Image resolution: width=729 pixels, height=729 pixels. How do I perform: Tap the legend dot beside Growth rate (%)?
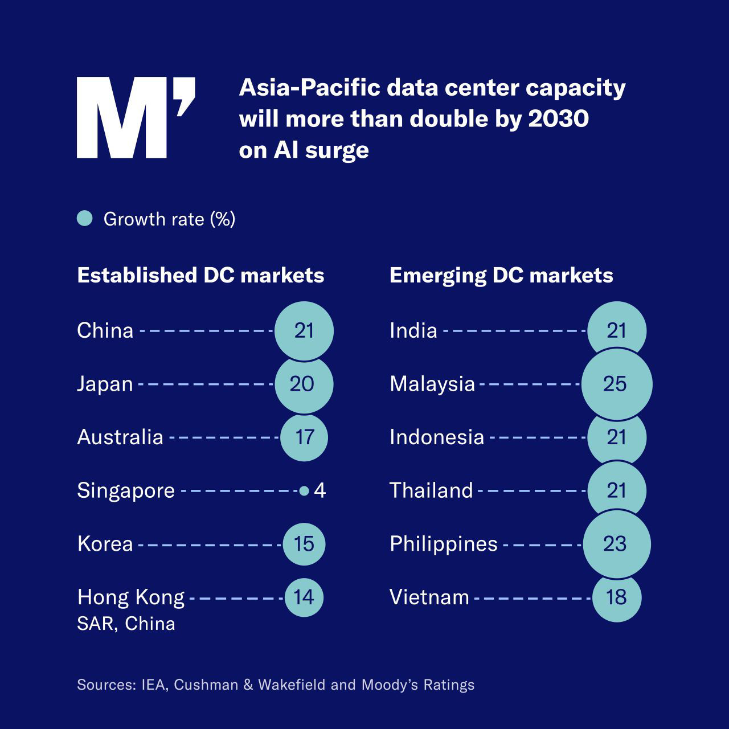point(85,219)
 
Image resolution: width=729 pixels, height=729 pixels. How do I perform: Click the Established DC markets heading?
point(200,275)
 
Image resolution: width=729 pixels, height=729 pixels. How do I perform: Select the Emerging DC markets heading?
point(501,275)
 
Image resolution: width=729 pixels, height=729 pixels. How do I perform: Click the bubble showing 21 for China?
point(304,330)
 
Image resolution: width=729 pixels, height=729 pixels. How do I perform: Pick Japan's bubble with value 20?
point(303,384)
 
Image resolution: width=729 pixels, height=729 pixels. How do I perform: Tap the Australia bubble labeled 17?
point(304,437)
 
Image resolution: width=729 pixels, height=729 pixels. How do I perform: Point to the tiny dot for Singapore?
point(304,490)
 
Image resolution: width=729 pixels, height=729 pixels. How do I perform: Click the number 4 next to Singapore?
point(320,490)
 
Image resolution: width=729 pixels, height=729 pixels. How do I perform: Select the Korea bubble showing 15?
point(304,544)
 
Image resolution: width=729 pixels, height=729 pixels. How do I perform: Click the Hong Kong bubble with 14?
point(304,597)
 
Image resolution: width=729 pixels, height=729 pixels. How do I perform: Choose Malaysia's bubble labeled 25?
point(616,384)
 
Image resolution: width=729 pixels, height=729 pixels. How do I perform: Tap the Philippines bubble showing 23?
point(616,544)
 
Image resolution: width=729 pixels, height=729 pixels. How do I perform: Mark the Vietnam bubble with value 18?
point(616,597)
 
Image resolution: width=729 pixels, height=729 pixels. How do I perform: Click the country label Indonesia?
point(437,437)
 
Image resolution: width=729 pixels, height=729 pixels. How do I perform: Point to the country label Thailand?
point(431,490)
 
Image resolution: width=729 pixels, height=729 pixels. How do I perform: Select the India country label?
point(413,330)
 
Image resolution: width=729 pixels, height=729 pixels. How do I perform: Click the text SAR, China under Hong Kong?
point(126,624)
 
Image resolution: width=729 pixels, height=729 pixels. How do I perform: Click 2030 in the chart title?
point(558,119)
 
